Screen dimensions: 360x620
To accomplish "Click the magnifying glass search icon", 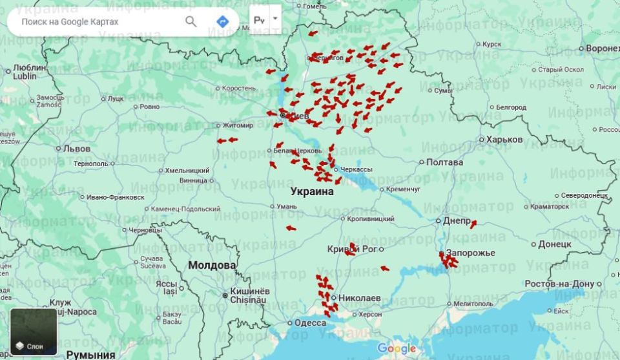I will tap(191, 21).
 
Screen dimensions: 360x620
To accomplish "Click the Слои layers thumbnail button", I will tap(34, 332).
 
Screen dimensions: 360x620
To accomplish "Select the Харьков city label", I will tap(504, 140).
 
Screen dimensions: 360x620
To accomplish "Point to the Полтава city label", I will tap(444, 162).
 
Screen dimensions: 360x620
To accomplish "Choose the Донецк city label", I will tap(554, 244).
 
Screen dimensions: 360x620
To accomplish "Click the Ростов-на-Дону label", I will tap(559, 284).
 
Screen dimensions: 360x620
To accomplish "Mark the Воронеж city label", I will tap(602, 48).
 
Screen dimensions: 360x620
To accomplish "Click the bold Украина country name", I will tap(312, 192).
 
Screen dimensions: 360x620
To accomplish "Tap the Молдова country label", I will tap(212, 266).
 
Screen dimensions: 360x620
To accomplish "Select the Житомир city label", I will tap(238, 125).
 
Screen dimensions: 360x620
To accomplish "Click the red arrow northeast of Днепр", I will tap(473, 224).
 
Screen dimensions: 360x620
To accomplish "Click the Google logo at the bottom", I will tap(397, 349).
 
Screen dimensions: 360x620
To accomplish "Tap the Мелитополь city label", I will tap(473, 303).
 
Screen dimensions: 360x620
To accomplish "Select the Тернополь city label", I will tap(91, 164).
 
